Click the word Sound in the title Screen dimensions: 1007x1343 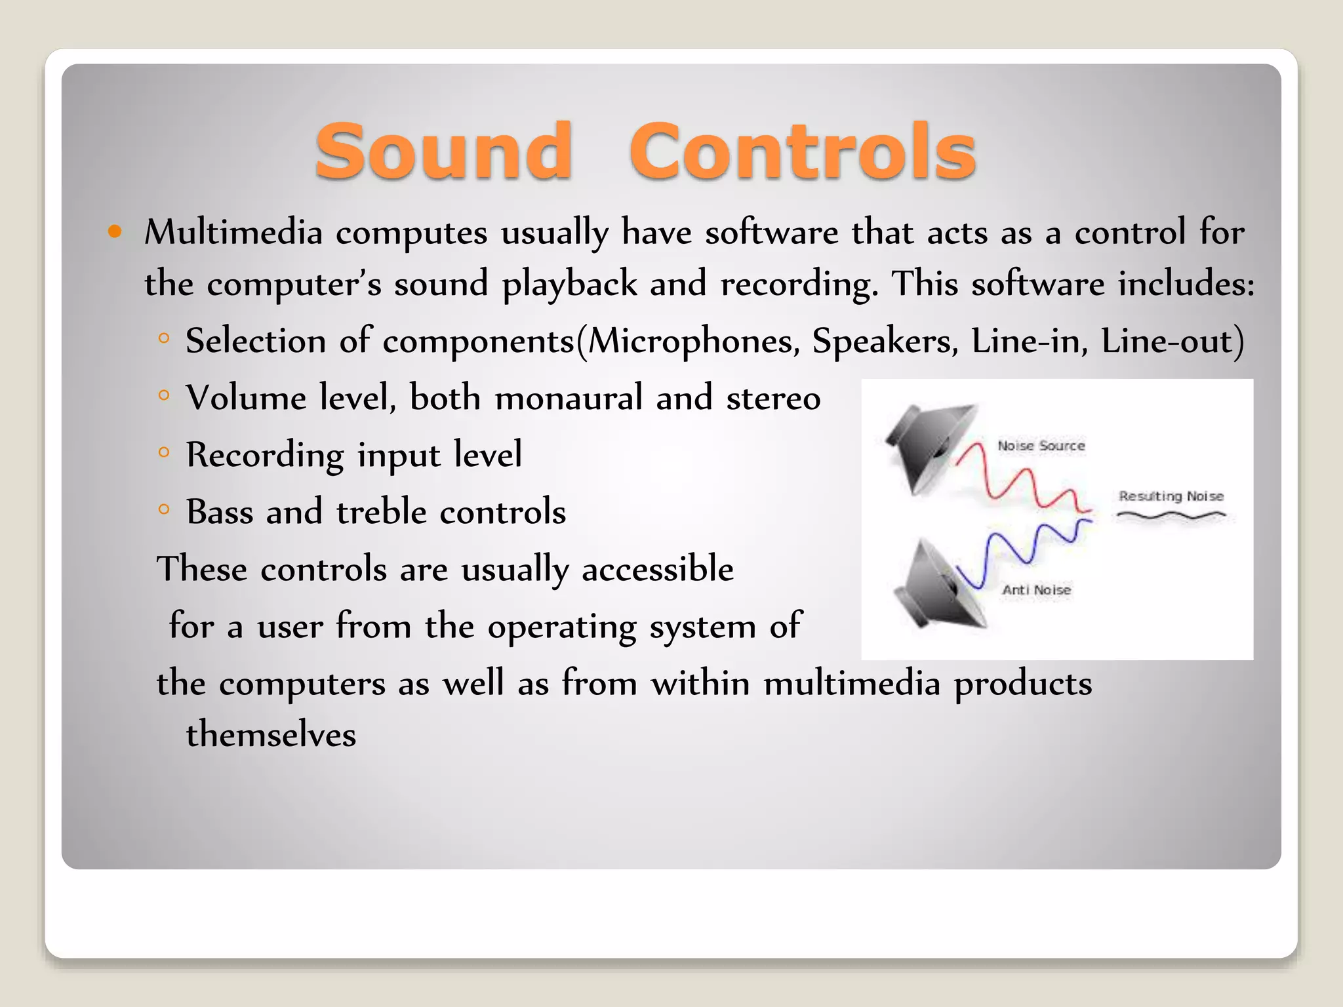click(x=444, y=152)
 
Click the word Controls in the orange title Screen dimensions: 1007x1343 click(x=803, y=152)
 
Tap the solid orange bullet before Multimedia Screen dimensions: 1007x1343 click(x=115, y=231)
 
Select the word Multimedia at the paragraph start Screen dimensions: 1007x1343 click(x=233, y=232)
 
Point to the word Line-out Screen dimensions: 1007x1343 click(x=1171, y=342)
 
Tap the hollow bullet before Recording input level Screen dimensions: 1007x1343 click(x=164, y=452)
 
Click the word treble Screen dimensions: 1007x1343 click(x=381, y=512)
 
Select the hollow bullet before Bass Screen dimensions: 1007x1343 click(x=164, y=509)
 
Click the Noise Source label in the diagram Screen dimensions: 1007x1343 click(x=1041, y=446)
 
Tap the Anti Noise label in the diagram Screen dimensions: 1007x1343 click(x=1036, y=590)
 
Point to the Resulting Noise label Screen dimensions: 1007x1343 click(x=1171, y=496)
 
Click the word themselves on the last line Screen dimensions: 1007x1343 click(x=271, y=734)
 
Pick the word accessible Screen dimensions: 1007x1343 click(x=657, y=568)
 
